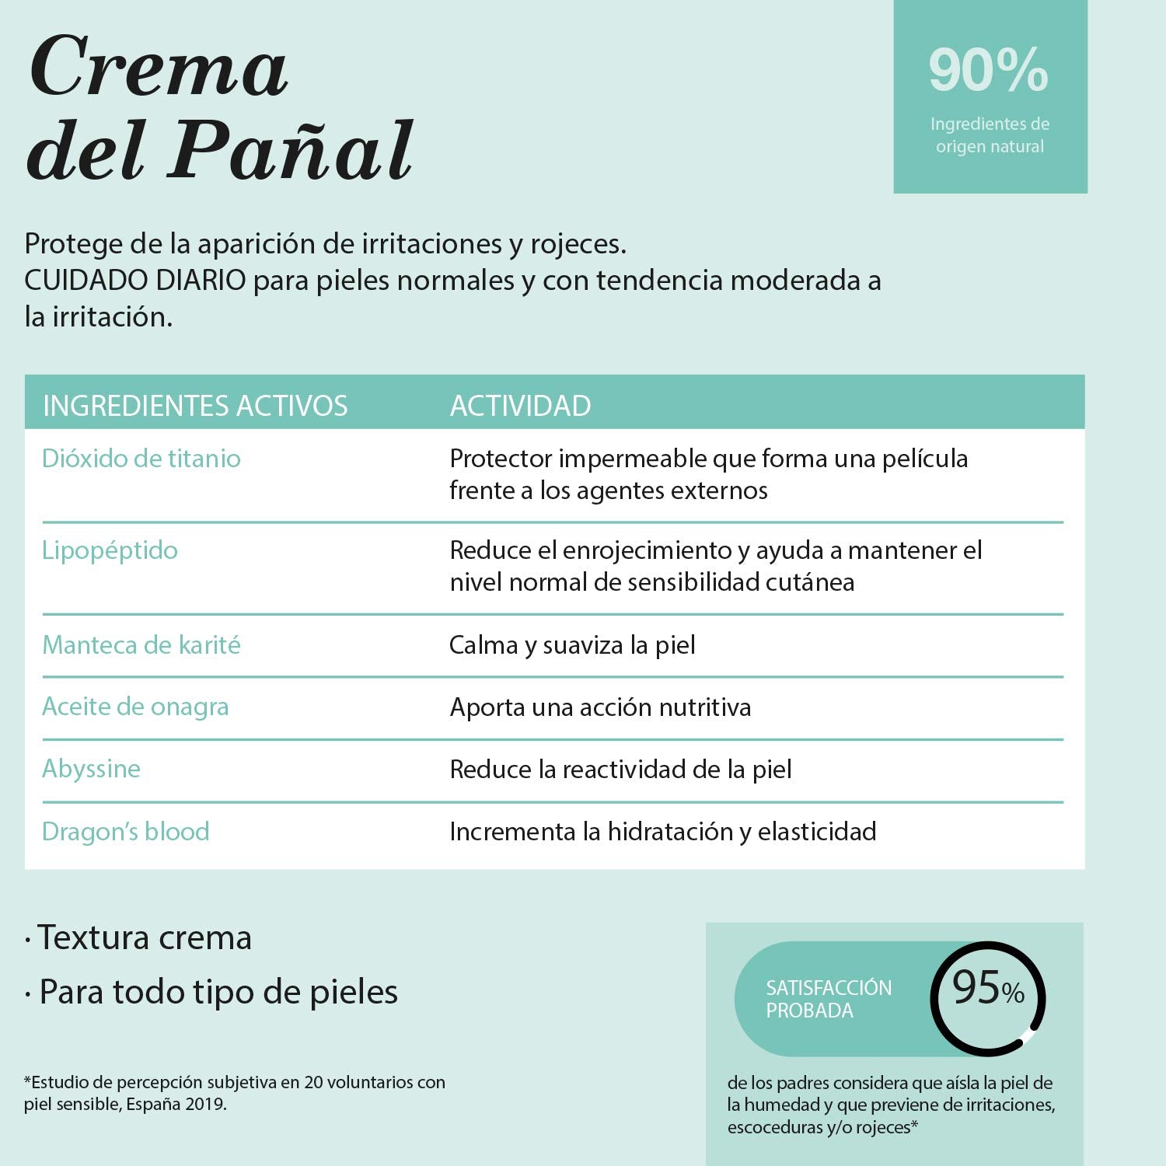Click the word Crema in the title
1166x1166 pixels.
pos(159,68)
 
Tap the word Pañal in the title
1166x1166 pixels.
pos(292,151)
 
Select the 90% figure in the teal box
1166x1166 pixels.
pos(988,71)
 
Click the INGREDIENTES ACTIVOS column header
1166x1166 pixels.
pos(195,406)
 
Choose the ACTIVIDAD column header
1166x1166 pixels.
pos(520,406)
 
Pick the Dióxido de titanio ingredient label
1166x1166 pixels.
pos(141,459)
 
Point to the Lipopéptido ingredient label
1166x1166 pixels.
pos(110,550)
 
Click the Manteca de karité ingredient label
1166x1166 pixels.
pos(141,645)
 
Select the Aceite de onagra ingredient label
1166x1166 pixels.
pos(135,707)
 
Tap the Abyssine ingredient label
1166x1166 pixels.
pos(91,769)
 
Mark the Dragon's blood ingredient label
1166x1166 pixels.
pos(125,832)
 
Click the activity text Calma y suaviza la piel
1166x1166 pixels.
pos(572,645)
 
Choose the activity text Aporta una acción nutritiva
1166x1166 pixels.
pos(600,707)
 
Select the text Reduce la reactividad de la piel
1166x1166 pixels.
pos(620,770)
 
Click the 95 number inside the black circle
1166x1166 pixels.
pos(976,988)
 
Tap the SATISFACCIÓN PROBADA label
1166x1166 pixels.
pos(829,999)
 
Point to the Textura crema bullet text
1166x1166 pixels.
pos(145,937)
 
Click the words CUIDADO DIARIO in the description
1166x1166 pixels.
pos(135,281)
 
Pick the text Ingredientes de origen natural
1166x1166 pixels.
pos(990,135)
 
